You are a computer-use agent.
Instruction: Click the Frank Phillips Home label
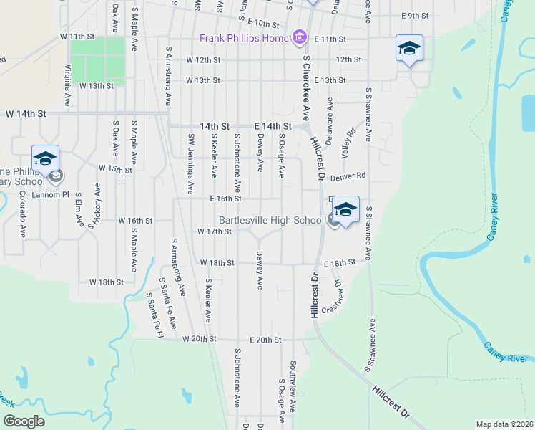[x=244, y=37]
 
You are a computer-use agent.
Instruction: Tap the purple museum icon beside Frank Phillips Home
[x=299, y=37]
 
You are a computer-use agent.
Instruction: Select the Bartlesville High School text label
[x=271, y=220]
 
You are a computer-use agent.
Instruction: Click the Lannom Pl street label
[x=54, y=193]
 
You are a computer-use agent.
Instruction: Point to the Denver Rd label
[x=348, y=175]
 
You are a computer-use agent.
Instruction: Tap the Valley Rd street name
[x=349, y=143]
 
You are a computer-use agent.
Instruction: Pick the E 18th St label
[x=339, y=264]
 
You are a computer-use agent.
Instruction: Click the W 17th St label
[x=214, y=231]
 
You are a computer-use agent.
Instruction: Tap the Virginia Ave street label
[x=68, y=82]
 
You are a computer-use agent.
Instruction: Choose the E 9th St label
[x=415, y=15]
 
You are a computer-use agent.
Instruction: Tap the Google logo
[x=24, y=421]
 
